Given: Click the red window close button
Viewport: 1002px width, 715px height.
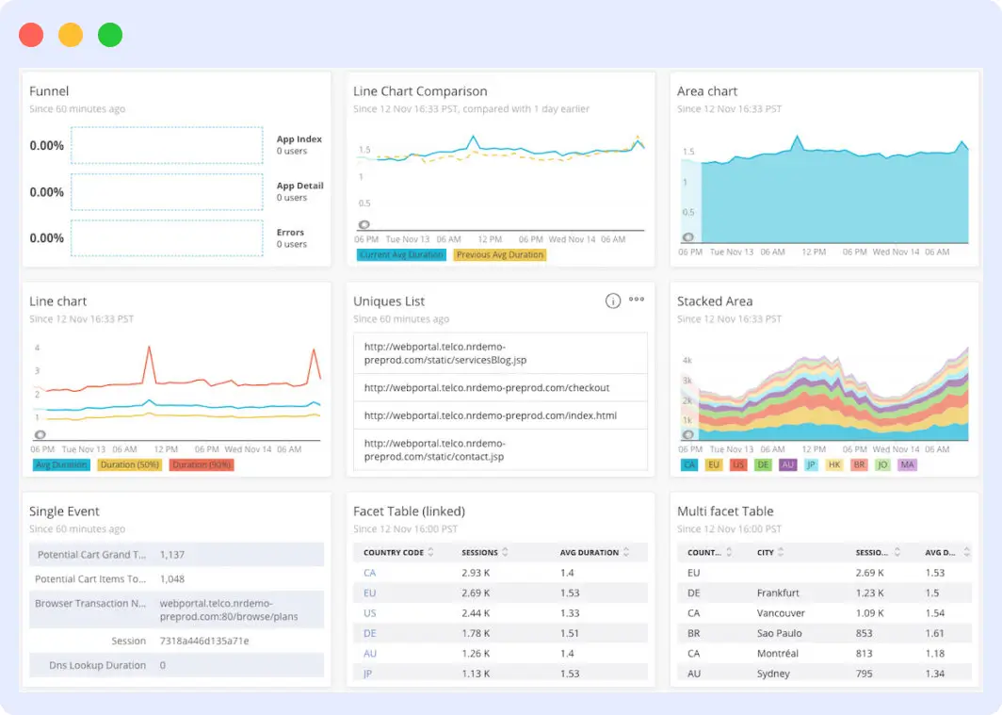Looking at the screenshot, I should (31, 36).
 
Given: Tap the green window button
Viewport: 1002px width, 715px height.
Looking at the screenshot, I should (110, 36).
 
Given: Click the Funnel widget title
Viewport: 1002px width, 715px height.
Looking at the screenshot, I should (49, 91).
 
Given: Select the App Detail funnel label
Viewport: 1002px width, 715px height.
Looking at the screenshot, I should (299, 186).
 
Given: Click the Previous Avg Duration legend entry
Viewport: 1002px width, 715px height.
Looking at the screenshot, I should (500, 254).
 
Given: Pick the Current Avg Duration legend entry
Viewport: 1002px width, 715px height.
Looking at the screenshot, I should (401, 254).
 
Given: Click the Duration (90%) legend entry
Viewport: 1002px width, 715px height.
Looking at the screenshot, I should (202, 464).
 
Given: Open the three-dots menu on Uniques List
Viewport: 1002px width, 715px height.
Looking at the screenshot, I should (637, 300).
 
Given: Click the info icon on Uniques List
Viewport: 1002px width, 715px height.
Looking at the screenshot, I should (612, 301).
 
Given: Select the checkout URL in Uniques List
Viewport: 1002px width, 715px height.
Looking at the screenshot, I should (487, 387).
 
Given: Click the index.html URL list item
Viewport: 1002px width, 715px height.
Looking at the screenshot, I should (490, 415).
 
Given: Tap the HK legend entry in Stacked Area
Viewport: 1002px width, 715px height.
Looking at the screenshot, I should (834, 464).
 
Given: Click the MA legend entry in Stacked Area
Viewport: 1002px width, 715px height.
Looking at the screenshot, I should (907, 464).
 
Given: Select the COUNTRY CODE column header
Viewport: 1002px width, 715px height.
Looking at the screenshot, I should (394, 552).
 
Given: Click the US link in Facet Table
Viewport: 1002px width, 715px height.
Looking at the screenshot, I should (369, 613).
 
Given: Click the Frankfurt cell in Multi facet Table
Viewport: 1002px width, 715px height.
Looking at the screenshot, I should (778, 593).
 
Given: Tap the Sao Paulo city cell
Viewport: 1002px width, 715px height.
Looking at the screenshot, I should (780, 633).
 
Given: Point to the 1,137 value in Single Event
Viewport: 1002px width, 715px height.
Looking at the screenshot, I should (172, 555).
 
